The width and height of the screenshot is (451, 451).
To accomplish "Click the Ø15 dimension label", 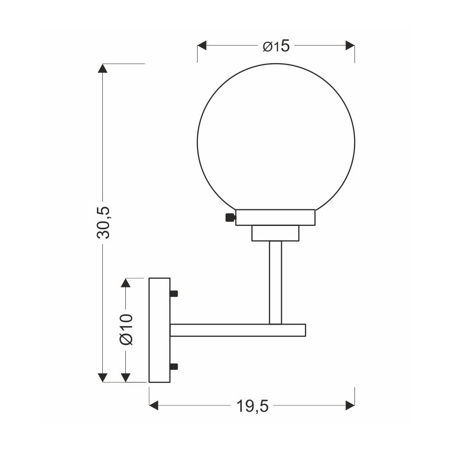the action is pos(276,46).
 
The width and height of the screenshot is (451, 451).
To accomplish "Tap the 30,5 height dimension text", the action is pos(103,222).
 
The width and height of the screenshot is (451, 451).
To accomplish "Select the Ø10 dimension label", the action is pos(126,329).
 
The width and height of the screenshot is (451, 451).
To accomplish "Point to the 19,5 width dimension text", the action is pos(252,406).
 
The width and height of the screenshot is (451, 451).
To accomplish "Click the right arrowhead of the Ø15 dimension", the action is pos(350,46).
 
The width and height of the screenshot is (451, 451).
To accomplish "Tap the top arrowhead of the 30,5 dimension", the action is pos(103,68).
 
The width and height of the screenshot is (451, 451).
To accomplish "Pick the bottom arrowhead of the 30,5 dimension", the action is pos(103,377).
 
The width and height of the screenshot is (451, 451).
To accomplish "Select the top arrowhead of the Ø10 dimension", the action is pos(126,283).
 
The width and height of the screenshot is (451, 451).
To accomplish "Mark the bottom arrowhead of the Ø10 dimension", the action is pos(126,377).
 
